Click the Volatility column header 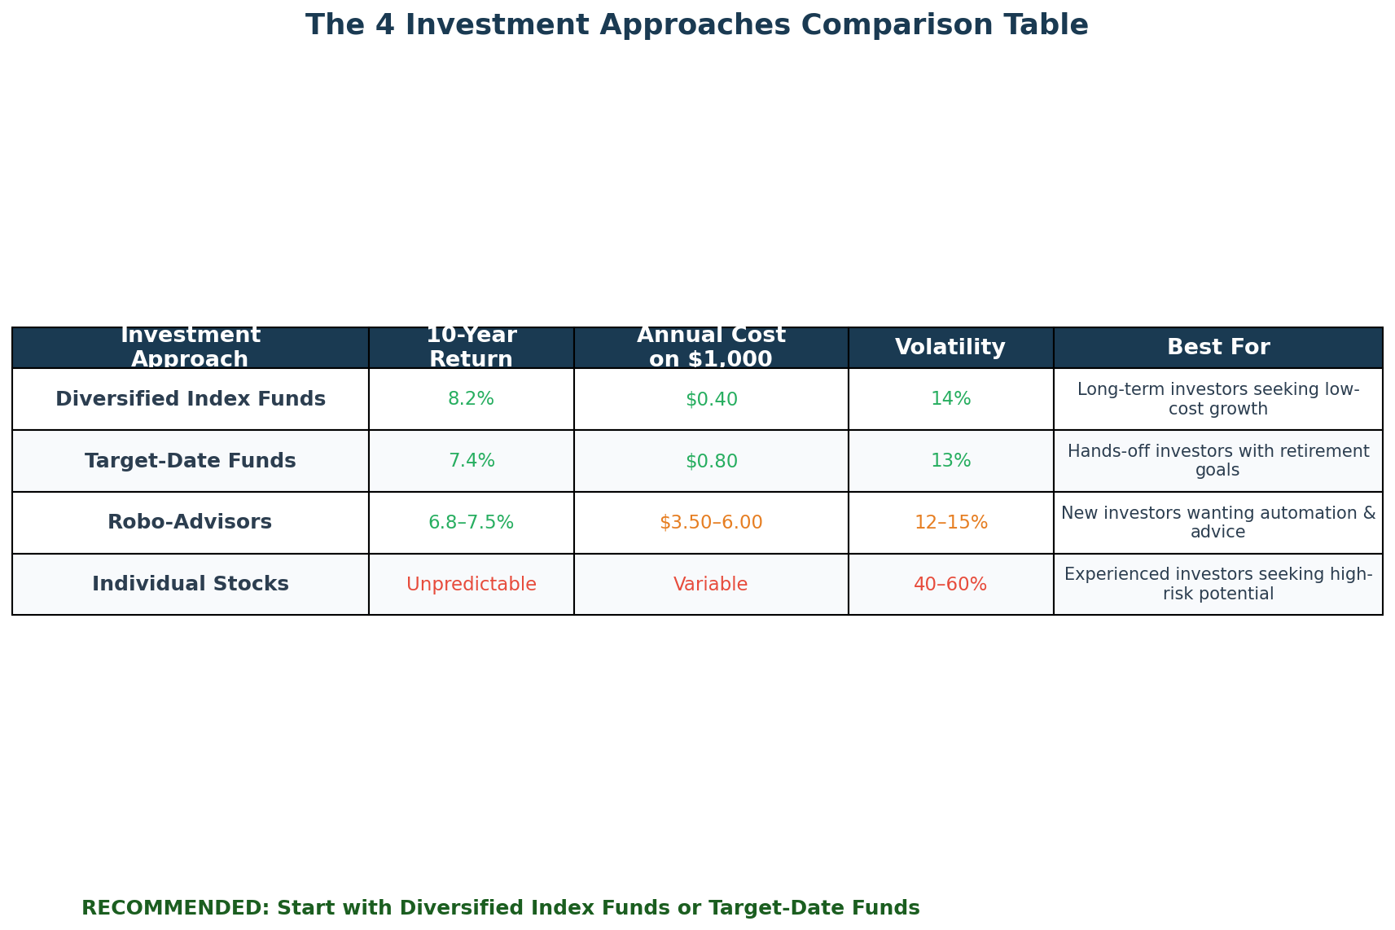click(x=950, y=348)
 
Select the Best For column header click(x=1217, y=348)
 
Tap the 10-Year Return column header click(x=471, y=348)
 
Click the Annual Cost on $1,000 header click(x=710, y=348)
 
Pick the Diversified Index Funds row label click(x=190, y=399)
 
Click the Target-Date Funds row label click(x=190, y=461)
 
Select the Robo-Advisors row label click(x=190, y=523)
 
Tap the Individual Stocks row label click(x=190, y=584)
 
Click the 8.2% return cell click(x=471, y=399)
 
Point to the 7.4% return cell click(x=471, y=461)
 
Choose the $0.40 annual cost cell click(x=710, y=399)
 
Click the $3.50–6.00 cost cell click(x=710, y=523)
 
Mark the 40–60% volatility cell click(x=950, y=584)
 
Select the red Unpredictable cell click(x=471, y=584)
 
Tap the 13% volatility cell click(x=950, y=461)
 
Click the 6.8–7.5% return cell click(x=471, y=523)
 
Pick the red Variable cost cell click(x=710, y=584)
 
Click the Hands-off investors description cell click(x=1217, y=461)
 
